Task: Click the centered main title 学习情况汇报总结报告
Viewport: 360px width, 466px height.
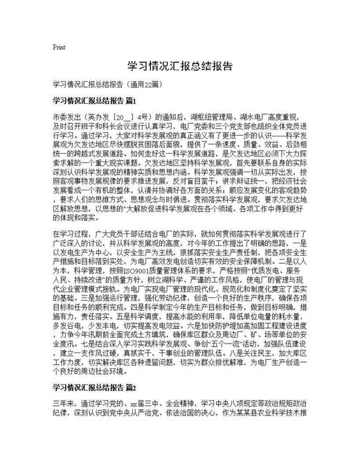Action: coord(179,66)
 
